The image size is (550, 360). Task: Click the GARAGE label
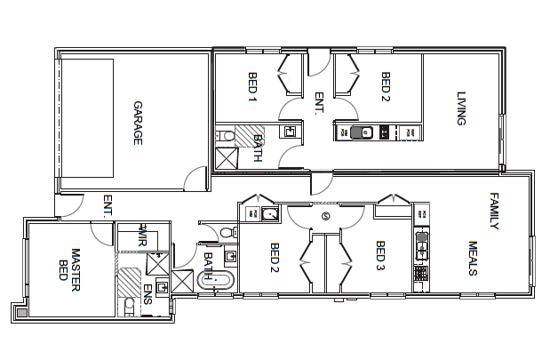click(138, 123)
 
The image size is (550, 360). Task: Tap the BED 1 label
click(251, 86)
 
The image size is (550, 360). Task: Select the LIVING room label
click(461, 108)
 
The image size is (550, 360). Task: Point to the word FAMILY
click(494, 211)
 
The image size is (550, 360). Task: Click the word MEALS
click(473, 259)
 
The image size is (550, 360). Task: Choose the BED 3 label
click(379, 256)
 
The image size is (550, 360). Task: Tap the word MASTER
click(76, 263)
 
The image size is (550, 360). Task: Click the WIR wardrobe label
click(141, 237)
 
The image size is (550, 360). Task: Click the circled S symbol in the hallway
click(325, 215)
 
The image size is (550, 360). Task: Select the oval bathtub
click(217, 281)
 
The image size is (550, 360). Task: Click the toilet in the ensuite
click(130, 305)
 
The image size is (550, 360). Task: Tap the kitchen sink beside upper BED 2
click(360, 133)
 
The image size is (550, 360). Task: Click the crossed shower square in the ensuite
click(157, 264)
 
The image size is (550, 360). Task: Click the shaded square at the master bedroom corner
click(20, 309)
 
